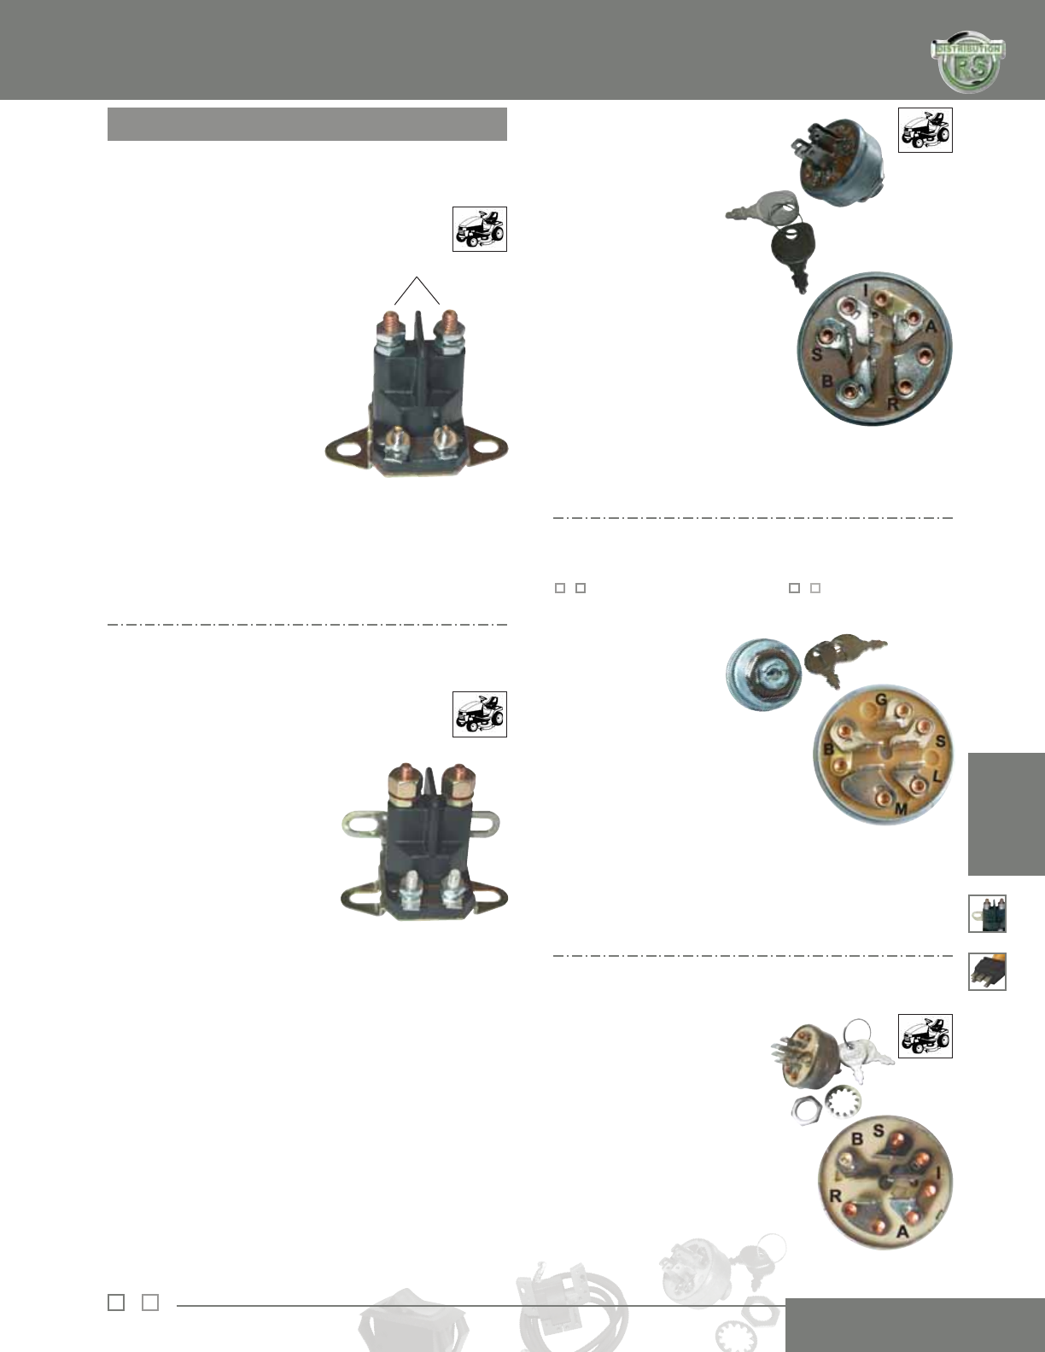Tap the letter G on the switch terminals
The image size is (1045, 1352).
tap(882, 700)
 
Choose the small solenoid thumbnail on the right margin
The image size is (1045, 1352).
tap(987, 913)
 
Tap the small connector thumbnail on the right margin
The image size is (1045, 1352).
tap(987, 971)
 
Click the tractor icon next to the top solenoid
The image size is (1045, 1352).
tap(479, 229)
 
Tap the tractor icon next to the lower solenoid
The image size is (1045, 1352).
tap(479, 714)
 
